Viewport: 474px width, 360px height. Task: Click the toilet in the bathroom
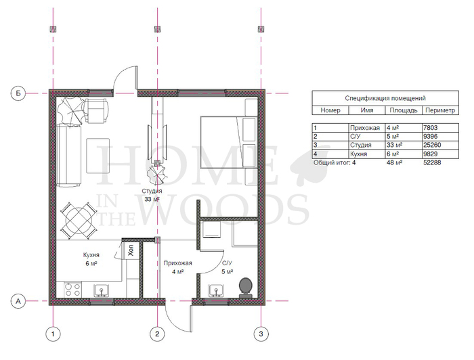[246, 288]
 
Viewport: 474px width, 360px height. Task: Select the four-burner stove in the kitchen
[73, 290]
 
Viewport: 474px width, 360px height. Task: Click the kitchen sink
[102, 291]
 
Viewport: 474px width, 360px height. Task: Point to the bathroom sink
[217, 291]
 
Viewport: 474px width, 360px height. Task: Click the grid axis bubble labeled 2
[157, 334]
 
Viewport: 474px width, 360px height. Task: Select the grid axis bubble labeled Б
[18, 93]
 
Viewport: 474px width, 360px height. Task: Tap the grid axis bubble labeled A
[18, 301]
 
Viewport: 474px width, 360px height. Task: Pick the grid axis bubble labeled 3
[261, 334]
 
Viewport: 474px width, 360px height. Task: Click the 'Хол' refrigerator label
[131, 250]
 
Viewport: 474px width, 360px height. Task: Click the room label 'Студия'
[152, 191]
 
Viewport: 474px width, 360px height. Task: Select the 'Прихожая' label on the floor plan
[177, 263]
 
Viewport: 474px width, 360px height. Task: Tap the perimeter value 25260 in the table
[432, 145]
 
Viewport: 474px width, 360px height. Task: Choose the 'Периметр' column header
[440, 110]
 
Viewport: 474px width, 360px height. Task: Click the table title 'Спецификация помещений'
[385, 98]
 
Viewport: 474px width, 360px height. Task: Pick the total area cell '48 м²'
[395, 162]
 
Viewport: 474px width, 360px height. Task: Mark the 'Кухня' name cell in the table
[358, 154]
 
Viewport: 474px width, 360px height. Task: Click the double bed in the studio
[229, 142]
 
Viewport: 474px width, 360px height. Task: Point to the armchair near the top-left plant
[96, 110]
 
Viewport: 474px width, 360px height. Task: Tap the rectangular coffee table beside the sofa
[98, 156]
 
